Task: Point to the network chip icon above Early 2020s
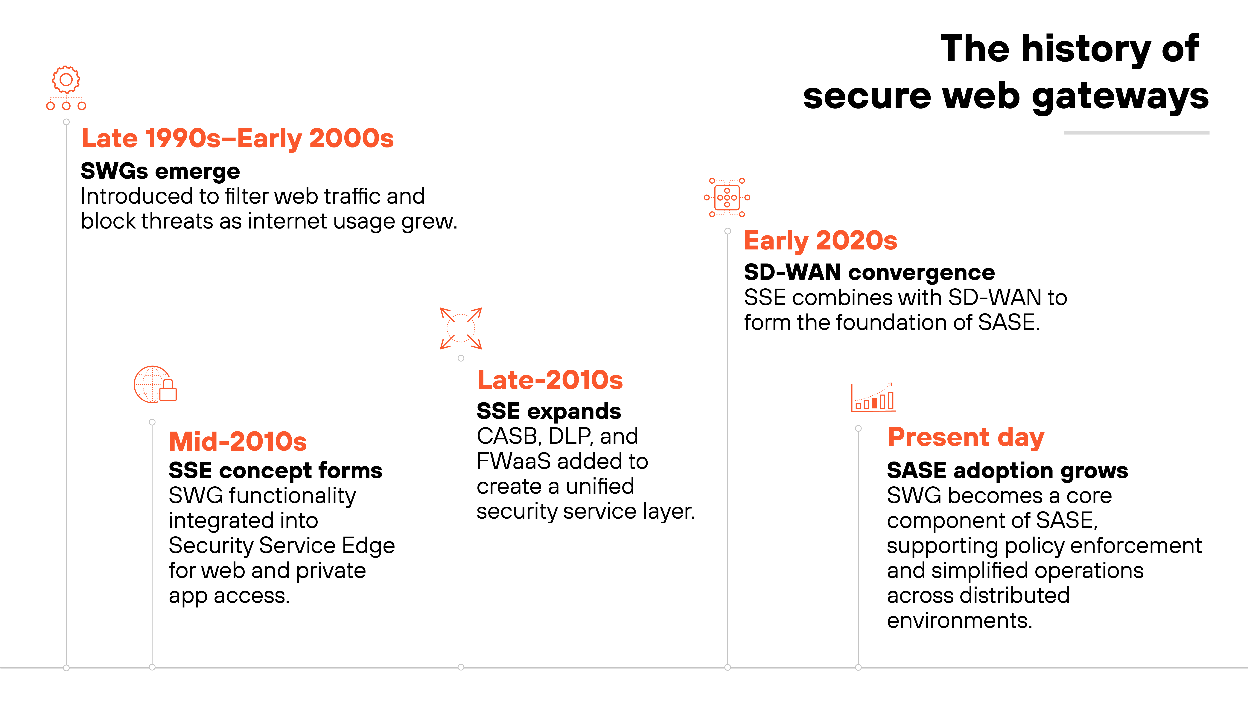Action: (727, 197)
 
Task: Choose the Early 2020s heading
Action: (820, 241)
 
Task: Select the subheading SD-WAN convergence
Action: (869, 272)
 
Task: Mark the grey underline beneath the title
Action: (1136, 133)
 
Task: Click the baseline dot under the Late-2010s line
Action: (461, 667)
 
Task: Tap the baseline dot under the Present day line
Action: (858, 667)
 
